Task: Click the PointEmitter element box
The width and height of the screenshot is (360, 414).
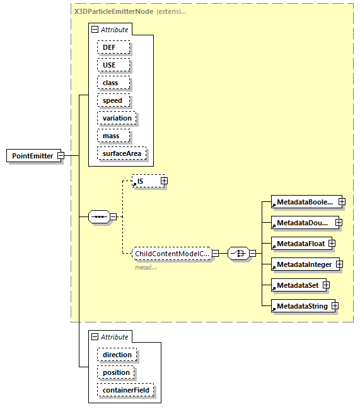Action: (x=32, y=156)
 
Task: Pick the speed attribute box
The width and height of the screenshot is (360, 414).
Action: (x=113, y=100)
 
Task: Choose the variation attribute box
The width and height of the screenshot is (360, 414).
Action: (x=117, y=118)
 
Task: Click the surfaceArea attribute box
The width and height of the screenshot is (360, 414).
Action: (x=121, y=153)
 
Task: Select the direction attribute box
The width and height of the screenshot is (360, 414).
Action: (x=117, y=355)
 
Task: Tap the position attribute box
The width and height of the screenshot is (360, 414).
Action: (x=116, y=372)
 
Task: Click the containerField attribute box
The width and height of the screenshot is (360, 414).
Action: (x=125, y=390)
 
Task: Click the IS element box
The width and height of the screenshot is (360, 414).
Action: (x=145, y=181)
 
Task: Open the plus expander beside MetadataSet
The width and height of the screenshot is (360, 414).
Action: (x=327, y=285)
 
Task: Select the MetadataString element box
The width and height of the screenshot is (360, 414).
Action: (x=301, y=306)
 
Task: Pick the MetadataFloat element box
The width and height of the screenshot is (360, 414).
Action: (x=298, y=243)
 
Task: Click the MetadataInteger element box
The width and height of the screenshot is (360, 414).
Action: (x=302, y=264)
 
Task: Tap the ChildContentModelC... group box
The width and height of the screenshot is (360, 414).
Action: (x=171, y=254)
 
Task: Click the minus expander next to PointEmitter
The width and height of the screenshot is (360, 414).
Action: (x=61, y=156)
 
